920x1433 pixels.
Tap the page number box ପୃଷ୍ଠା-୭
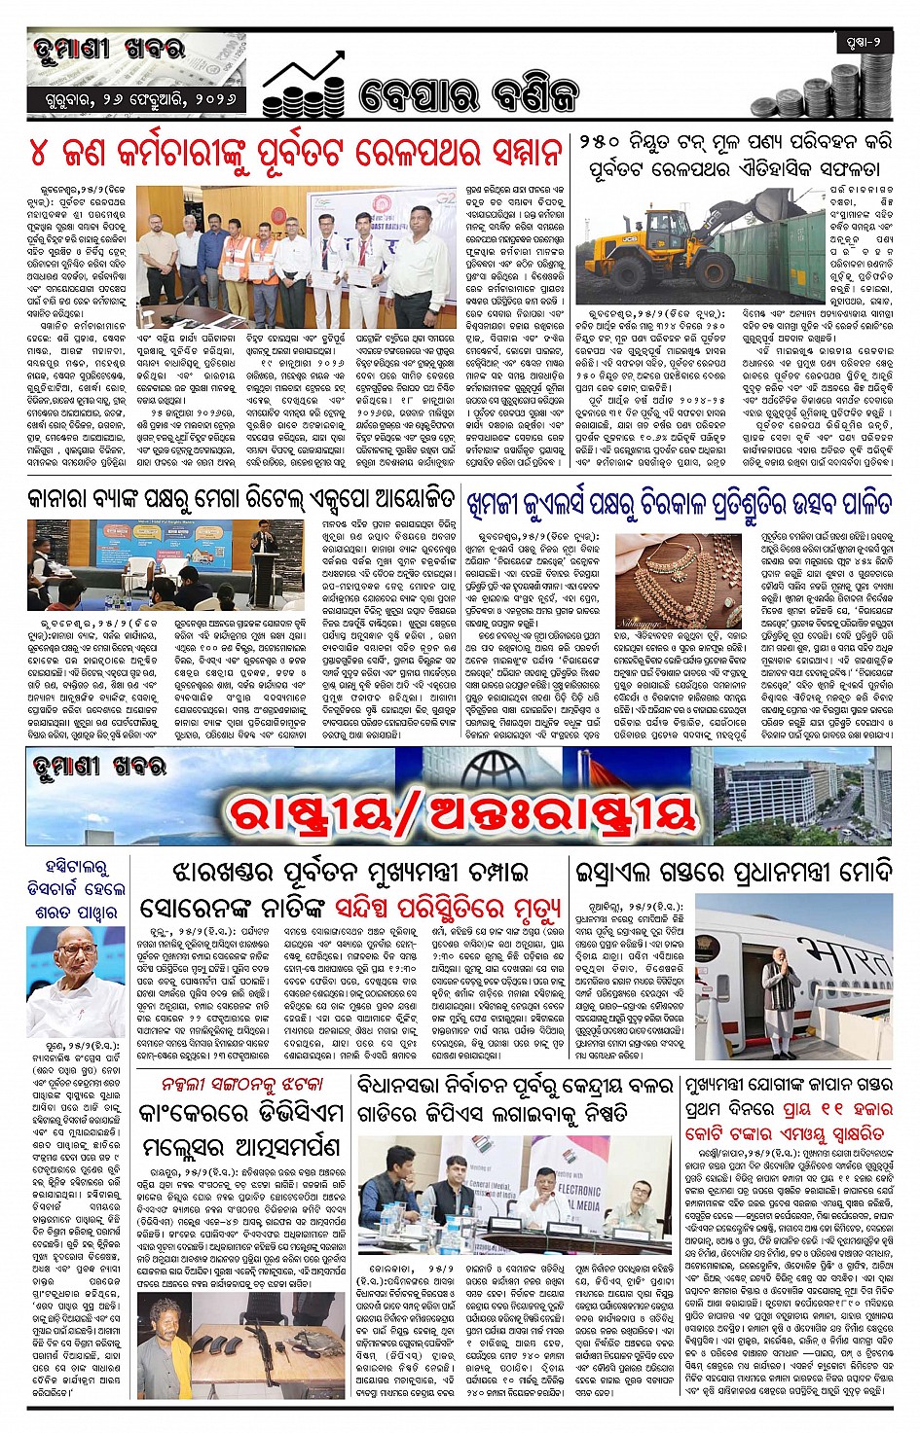864,44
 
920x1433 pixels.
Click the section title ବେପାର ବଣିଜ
468,95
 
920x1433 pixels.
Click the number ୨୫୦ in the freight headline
607,142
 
